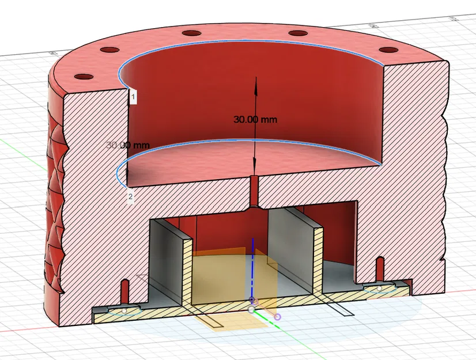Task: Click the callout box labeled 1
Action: tap(133, 97)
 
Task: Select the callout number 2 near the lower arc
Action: tap(130, 197)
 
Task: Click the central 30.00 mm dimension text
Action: tap(255, 120)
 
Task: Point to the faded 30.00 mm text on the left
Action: tap(127, 145)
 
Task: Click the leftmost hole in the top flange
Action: tap(84, 77)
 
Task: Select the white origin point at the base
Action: tap(251, 309)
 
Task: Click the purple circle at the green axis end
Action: tap(278, 317)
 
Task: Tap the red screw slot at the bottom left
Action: tap(125, 288)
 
